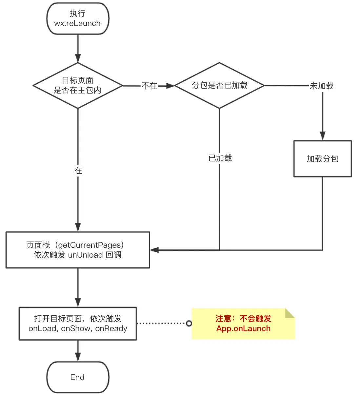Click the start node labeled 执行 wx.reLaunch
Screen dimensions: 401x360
tap(78, 19)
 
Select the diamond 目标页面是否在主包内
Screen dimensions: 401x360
tap(78, 86)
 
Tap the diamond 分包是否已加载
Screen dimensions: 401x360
tap(219, 86)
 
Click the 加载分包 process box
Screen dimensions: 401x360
tap(322, 159)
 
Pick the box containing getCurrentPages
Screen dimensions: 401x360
tap(78, 250)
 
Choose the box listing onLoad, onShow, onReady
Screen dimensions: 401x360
tap(78, 324)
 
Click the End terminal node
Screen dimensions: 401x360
tap(78, 377)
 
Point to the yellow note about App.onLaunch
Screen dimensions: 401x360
tap(243, 324)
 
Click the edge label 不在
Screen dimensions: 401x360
tap(149, 86)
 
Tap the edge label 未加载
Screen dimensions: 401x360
tap(322, 86)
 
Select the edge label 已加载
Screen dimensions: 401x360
tap(220, 158)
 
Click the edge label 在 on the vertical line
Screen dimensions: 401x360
tap(78, 171)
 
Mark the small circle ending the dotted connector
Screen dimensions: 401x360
tap(189, 324)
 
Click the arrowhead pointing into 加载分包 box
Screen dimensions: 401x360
tap(323, 136)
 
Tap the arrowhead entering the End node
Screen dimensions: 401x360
tap(78, 357)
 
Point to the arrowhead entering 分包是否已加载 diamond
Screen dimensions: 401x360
tap(170, 86)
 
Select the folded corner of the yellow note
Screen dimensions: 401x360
tap(290, 313)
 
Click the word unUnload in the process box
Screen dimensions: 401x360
tap(85, 255)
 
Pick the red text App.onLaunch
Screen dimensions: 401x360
tap(243, 328)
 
